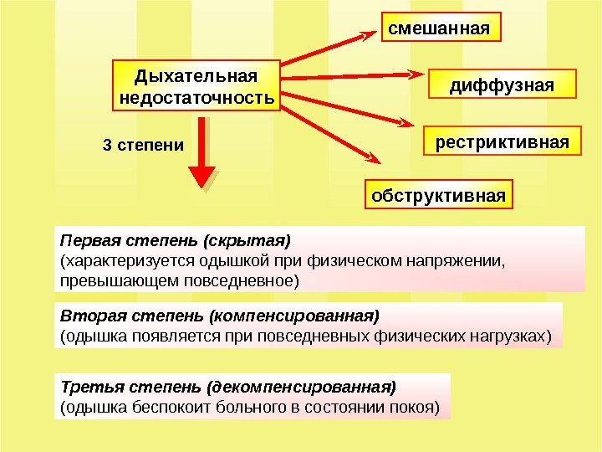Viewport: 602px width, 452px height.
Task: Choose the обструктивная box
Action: (439, 196)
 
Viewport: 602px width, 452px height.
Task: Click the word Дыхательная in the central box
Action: (196, 77)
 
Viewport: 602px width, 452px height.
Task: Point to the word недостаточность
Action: (196, 99)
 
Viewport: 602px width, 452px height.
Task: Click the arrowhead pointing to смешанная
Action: (370, 34)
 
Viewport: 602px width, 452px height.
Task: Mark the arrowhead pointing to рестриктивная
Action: (406, 125)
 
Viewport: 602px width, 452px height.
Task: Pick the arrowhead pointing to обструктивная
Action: (374, 158)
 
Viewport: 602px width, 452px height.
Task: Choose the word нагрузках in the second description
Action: (513, 336)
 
